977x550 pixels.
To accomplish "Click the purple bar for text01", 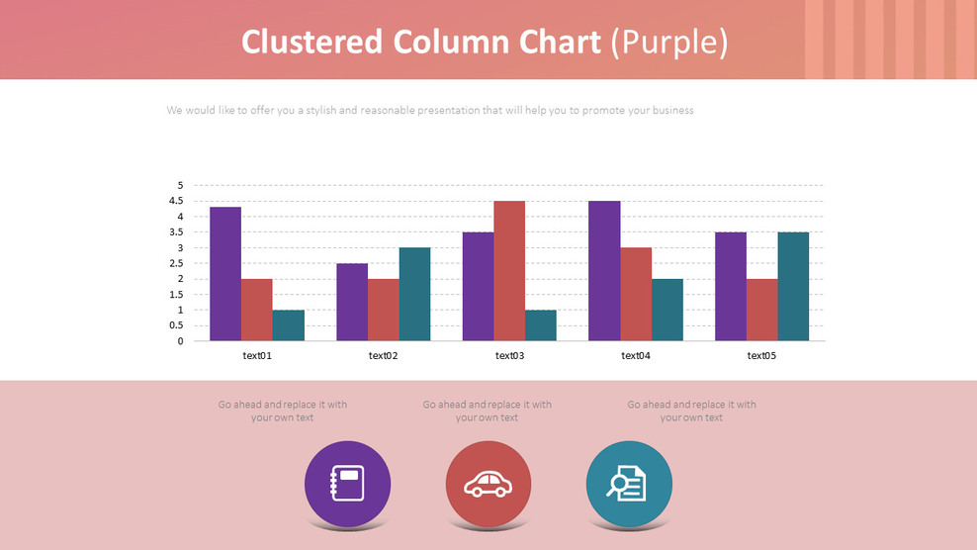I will tap(225, 274).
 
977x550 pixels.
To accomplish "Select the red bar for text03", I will tap(509, 271).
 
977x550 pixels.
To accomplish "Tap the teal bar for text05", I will tap(793, 287).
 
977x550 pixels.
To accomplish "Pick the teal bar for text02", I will tap(414, 294).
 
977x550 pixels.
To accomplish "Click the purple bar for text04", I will tap(604, 271).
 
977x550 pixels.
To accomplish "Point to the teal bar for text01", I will tap(289, 325).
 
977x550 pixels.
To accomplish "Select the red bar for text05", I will tap(761, 310).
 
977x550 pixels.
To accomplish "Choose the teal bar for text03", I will tap(541, 325).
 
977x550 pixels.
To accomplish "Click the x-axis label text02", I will tap(383, 356).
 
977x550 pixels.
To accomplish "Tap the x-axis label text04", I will tap(635, 356).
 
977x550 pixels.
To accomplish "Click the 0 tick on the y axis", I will tap(180, 341).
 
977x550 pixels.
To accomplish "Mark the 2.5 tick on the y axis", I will tap(177, 263).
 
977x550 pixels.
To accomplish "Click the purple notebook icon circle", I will tap(347, 484).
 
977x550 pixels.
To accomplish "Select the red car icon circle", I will tap(488, 484).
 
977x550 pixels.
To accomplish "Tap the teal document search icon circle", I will tap(629, 484).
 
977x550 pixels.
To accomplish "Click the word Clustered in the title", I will tap(311, 42).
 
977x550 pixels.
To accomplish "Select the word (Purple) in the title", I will tap(669, 42).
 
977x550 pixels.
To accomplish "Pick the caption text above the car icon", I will tap(487, 411).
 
